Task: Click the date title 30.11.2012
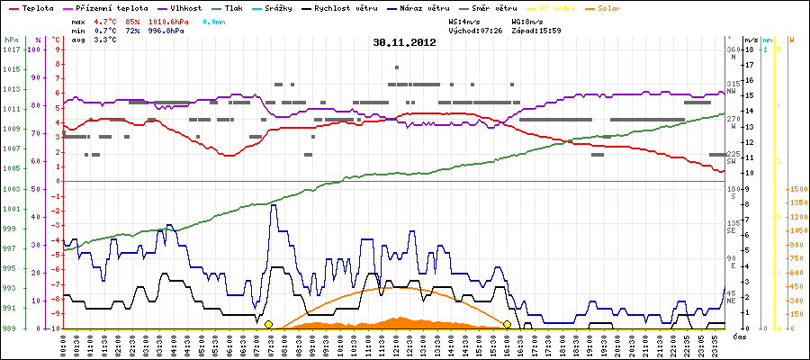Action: click(404, 41)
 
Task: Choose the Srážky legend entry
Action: click(293, 6)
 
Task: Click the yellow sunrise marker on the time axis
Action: click(268, 324)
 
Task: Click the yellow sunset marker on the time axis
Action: click(507, 324)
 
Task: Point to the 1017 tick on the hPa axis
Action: click(11, 49)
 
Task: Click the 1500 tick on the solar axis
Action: click(797, 190)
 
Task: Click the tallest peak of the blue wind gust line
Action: click(273, 205)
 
